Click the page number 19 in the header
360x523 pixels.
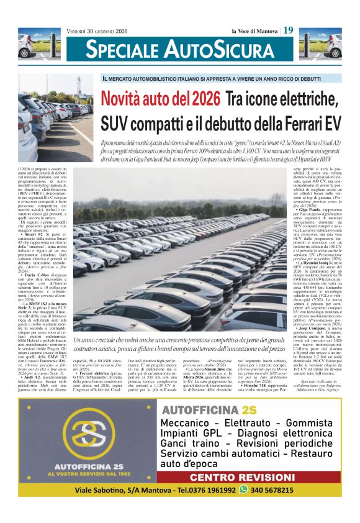click(x=289, y=30)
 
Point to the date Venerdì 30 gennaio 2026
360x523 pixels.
click(x=98, y=30)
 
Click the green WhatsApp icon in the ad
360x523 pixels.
click(x=243, y=489)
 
